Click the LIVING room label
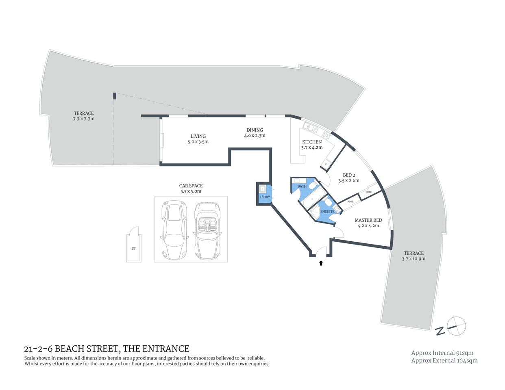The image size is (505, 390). [x=198, y=136]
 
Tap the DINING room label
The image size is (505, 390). [x=255, y=130]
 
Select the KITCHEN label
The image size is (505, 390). [x=312, y=142]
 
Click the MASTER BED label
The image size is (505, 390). [x=368, y=220]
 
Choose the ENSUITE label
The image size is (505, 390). [x=327, y=212]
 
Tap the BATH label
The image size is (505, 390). [x=302, y=186]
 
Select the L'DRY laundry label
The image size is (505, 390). [x=265, y=197]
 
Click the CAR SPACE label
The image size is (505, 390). [x=191, y=186]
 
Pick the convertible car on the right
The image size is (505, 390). [x=208, y=230]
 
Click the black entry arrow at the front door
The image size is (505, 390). [x=321, y=263]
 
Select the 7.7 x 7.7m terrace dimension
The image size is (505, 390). [x=84, y=119]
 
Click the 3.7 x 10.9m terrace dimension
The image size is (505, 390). [x=414, y=258]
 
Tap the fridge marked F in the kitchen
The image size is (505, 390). [x=326, y=165]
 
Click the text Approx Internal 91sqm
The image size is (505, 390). [x=442, y=353]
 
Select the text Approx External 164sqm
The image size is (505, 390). [x=444, y=360]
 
